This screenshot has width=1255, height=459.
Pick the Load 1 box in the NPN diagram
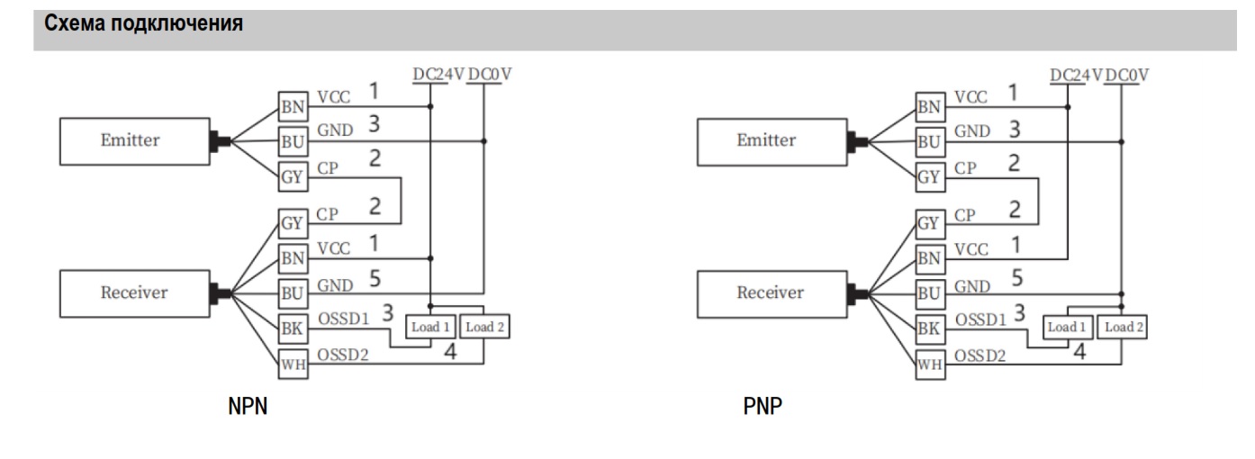pyautogui.click(x=430, y=328)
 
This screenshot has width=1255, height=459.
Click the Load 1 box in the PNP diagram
pyautogui.click(x=1067, y=328)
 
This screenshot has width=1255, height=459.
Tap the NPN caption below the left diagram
pyautogui.click(x=247, y=408)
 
